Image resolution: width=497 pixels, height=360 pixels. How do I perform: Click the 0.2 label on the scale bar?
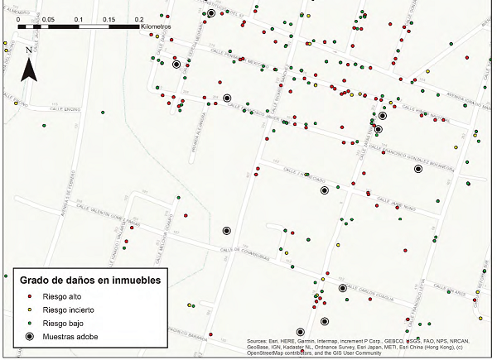(x=138, y=17)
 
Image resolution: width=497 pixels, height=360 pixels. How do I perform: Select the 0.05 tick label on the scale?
(x=48, y=17)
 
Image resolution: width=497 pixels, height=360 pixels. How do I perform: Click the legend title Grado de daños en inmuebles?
(x=90, y=280)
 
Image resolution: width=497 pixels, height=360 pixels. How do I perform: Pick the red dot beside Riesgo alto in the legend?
(x=31, y=295)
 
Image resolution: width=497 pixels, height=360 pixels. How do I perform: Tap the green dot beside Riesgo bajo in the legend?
(x=31, y=323)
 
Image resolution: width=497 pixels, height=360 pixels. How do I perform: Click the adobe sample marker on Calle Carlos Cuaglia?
(x=342, y=288)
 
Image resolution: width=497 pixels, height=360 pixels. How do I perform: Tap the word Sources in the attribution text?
(x=260, y=341)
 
